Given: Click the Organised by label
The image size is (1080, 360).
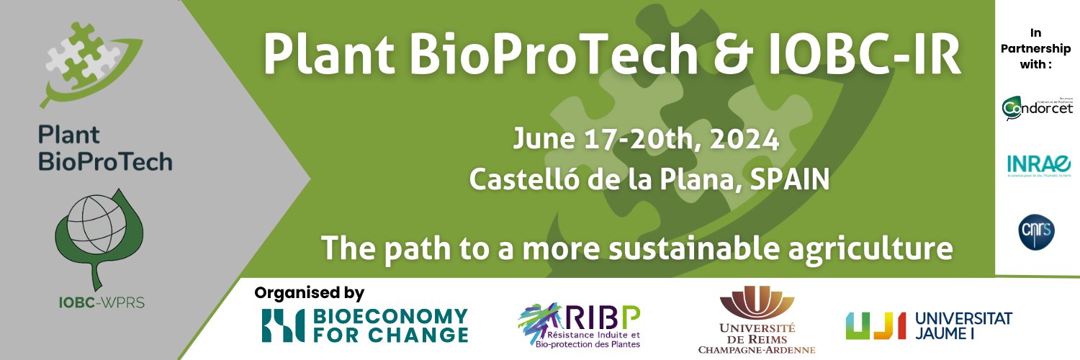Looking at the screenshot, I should pyautogui.click(x=310, y=293).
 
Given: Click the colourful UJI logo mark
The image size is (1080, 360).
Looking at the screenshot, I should pyautogui.click(x=875, y=325).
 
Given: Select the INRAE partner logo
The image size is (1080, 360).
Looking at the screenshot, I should pyautogui.click(x=1038, y=165).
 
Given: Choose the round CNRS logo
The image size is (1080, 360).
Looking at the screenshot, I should pyautogui.click(x=1038, y=230).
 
